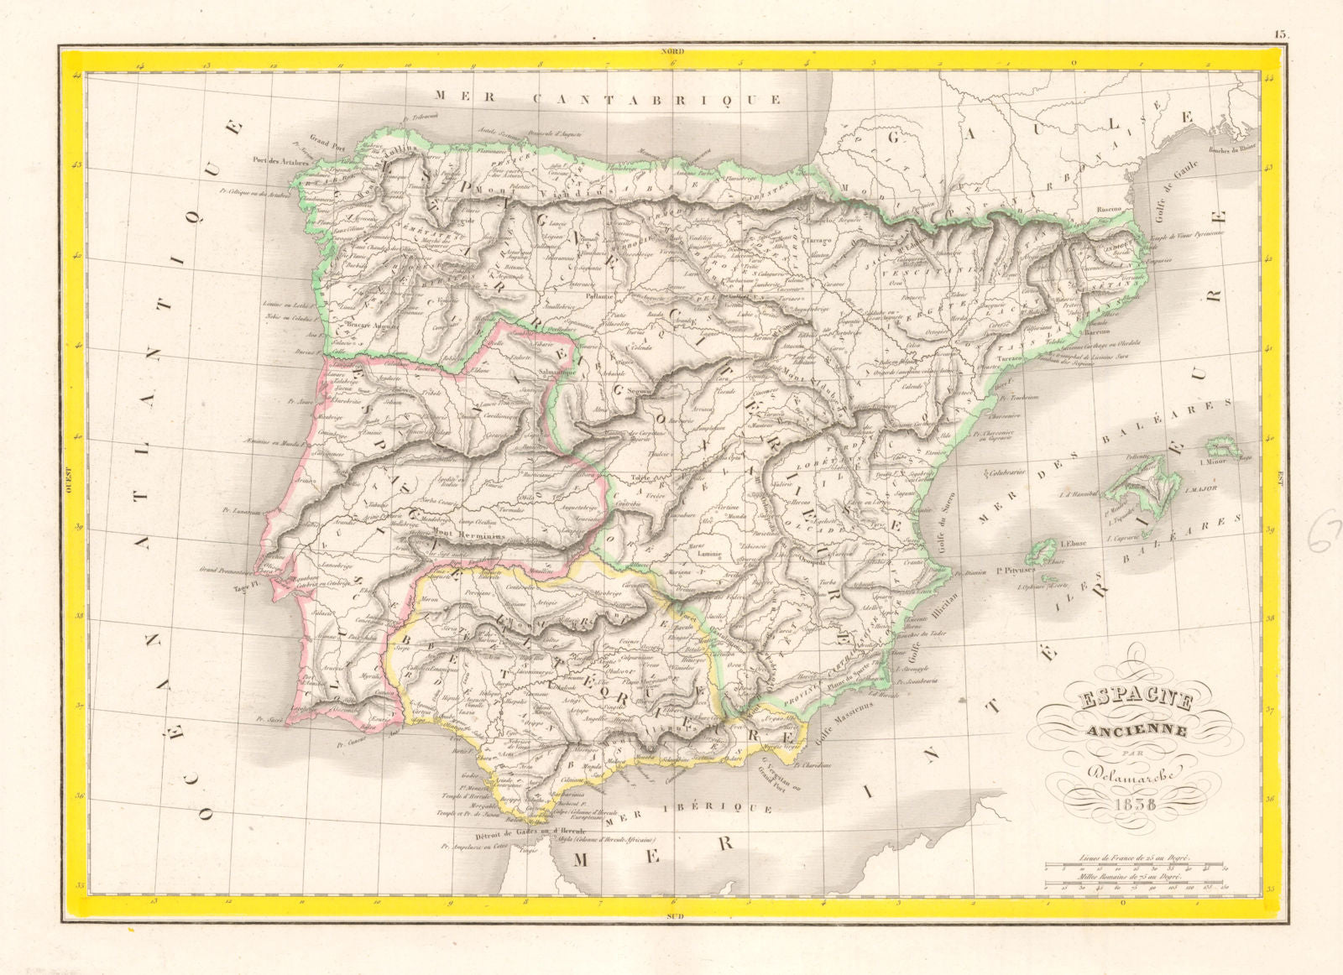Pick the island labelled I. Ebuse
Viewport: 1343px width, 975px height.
pyautogui.click(x=1045, y=550)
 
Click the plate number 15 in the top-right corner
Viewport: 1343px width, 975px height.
pyautogui.click(x=1281, y=34)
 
